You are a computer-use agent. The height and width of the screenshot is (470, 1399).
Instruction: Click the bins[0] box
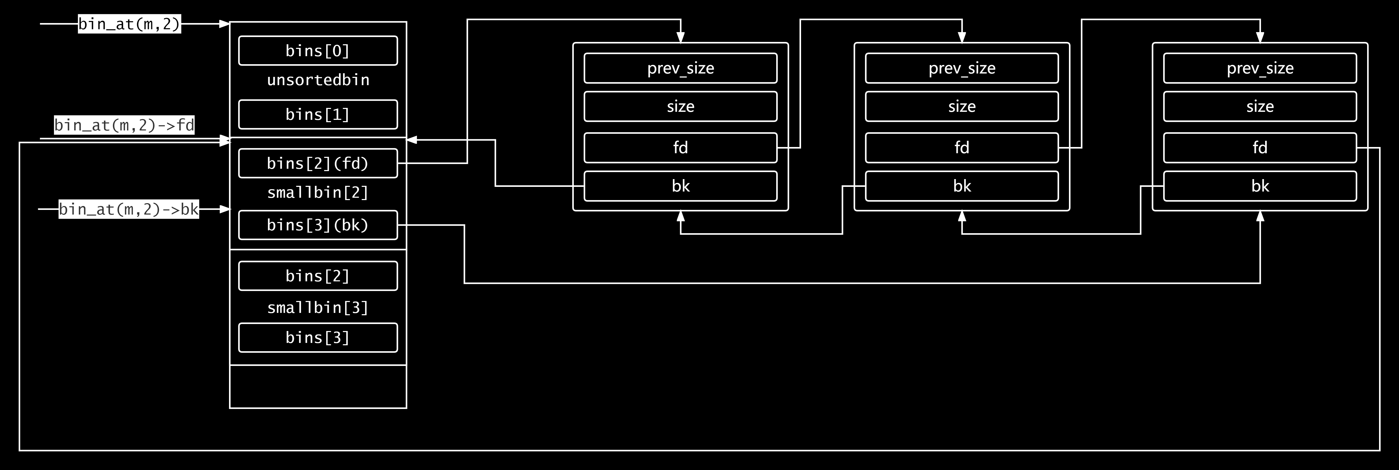coord(318,50)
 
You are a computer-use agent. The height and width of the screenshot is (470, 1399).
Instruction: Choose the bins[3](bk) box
coord(318,225)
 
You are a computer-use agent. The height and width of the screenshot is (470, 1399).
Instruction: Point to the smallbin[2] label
coord(318,193)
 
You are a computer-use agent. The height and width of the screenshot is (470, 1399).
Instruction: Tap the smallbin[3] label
coord(318,308)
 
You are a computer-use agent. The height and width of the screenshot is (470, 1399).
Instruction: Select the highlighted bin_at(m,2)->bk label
coord(129,209)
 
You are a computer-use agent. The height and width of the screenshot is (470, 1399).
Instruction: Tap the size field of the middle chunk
coord(962,106)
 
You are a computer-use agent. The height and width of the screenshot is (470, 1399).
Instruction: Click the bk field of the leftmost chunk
coord(681,186)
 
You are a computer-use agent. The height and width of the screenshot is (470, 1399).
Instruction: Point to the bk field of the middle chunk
coord(962,186)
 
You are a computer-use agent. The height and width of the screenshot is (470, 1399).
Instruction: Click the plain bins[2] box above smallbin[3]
coord(318,276)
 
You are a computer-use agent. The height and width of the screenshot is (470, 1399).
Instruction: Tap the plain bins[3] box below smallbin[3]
coord(318,337)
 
